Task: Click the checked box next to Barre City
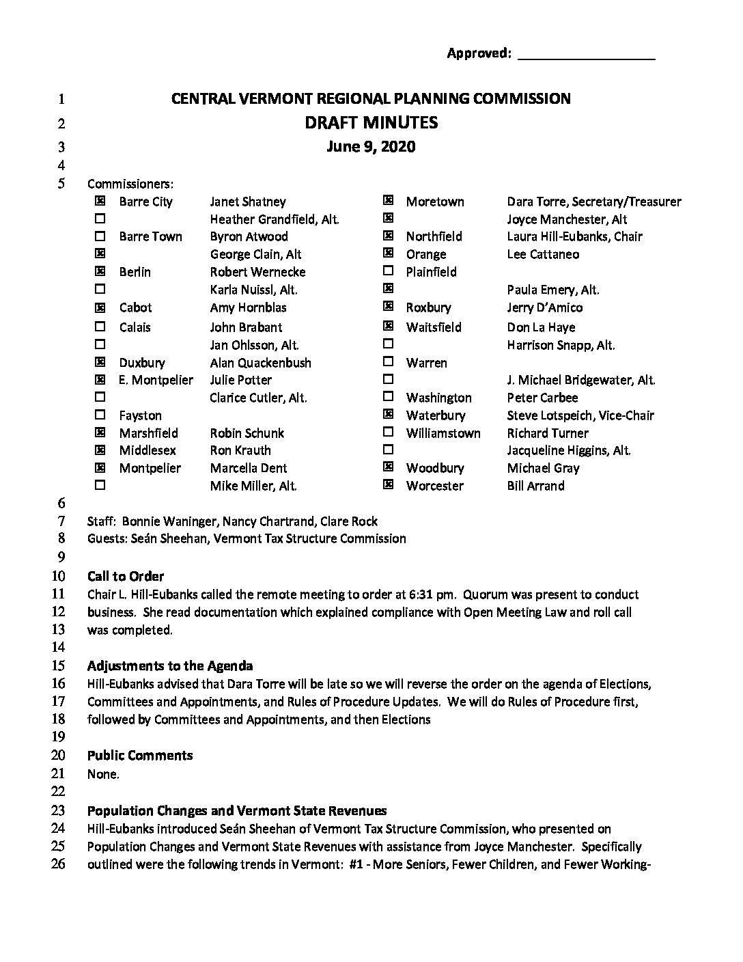(x=100, y=202)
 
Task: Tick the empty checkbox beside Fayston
(x=100, y=415)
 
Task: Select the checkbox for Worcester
(x=389, y=485)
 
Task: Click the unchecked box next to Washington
(x=389, y=396)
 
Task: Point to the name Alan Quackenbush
(x=260, y=363)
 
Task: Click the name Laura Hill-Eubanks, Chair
(x=574, y=236)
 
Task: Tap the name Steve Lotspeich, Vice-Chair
(x=580, y=415)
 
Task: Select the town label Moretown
(x=435, y=202)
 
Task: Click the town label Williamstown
(x=443, y=433)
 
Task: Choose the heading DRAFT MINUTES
(x=371, y=123)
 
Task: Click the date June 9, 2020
(x=371, y=147)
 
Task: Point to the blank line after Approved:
(x=587, y=55)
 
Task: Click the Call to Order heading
(x=126, y=576)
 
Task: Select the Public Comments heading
(x=140, y=756)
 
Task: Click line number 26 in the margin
(x=59, y=864)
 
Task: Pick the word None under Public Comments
(x=102, y=774)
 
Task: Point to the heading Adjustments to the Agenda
(x=170, y=666)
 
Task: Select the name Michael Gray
(x=543, y=468)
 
